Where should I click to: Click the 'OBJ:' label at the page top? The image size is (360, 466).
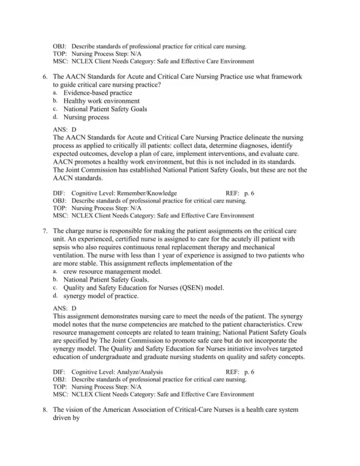[60, 46]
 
